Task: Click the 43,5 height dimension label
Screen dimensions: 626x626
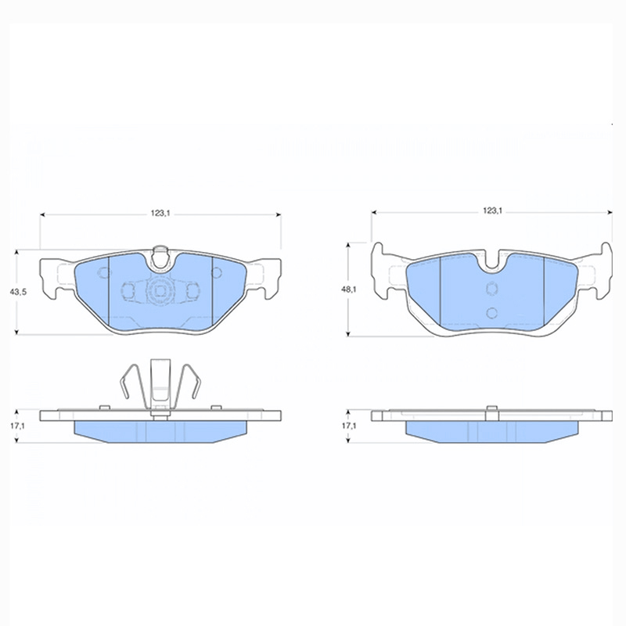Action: coord(18,292)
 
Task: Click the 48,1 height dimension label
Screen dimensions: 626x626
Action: coord(348,290)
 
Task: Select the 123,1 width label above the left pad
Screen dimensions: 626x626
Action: coord(160,214)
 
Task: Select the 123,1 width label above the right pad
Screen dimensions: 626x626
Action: coord(492,210)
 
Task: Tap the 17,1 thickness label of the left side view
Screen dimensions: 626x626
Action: coord(16,426)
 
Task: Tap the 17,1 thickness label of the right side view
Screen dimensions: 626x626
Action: coord(348,426)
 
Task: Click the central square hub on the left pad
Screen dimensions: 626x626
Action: coord(160,290)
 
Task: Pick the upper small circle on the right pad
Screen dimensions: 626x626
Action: coord(492,288)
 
